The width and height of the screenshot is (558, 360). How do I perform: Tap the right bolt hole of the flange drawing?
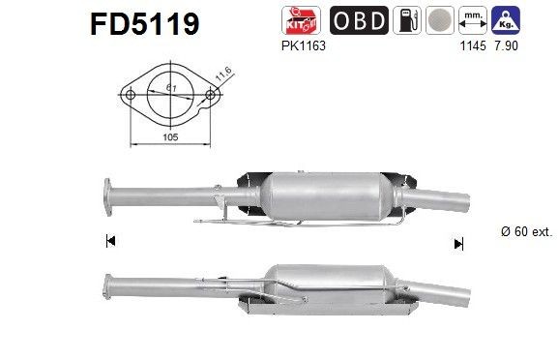coord(209,95)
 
